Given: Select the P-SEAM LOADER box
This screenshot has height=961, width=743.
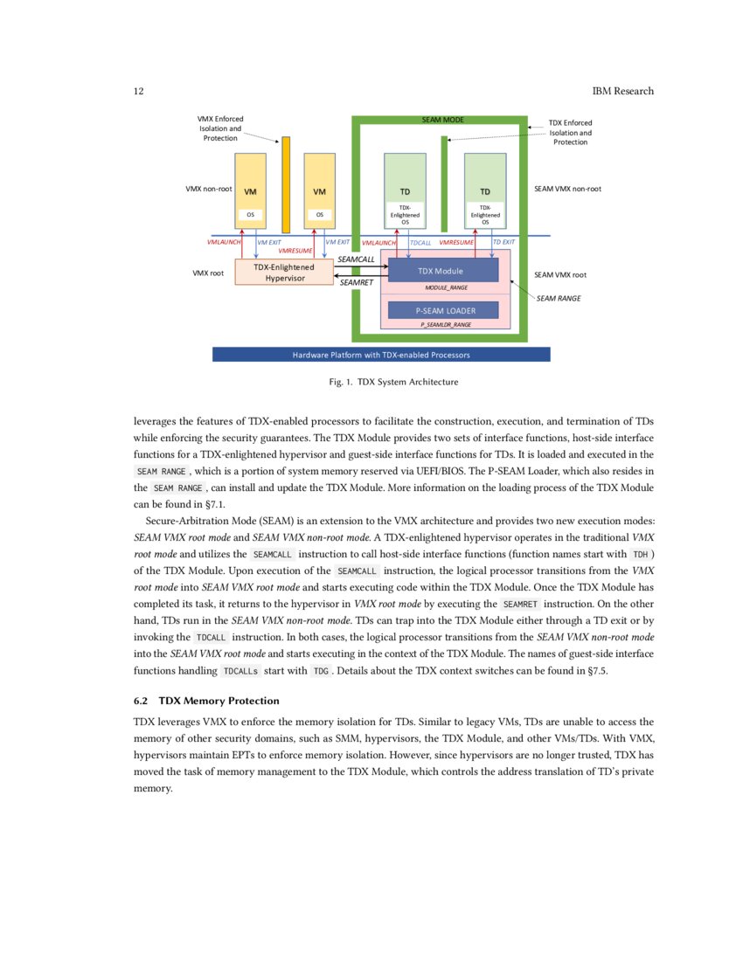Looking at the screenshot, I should pyautogui.click(x=443, y=310).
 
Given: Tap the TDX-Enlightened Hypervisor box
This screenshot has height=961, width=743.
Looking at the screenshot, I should pyautogui.click(x=284, y=272).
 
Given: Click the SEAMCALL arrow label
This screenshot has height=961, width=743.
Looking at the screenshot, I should pyautogui.click(x=356, y=259).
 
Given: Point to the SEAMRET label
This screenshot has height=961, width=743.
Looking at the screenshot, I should pyautogui.click(x=356, y=283).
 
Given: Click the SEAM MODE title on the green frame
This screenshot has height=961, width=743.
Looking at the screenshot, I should pyautogui.click(x=442, y=120).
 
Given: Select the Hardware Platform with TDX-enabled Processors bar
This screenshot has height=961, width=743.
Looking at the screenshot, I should pyautogui.click(x=381, y=355).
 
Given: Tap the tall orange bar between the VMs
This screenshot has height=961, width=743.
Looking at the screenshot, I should pyautogui.click(x=286, y=184).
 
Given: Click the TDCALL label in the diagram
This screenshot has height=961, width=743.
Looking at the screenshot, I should pyautogui.click(x=420, y=242).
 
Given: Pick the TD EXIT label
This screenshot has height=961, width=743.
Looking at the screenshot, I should pyautogui.click(x=504, y=242).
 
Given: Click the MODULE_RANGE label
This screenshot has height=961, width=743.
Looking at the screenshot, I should pyautogui.click(x=446, y=287).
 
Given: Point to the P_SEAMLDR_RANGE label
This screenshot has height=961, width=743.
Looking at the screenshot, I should pyautogui.click(x=446, y=324).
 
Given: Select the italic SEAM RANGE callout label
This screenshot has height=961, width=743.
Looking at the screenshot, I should pyautogui.click(x=559, y=299).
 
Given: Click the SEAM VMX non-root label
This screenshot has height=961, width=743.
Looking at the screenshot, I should pyautogui.click(x=567, y=189).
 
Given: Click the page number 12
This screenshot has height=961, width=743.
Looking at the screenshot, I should pyautogui.click(x=138, y=92).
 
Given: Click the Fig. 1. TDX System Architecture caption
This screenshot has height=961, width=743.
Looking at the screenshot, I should pyautogui.click(x=381, y=382).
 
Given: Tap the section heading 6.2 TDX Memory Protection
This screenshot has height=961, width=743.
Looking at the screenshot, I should pyautogui.click(x=206, y=701).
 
